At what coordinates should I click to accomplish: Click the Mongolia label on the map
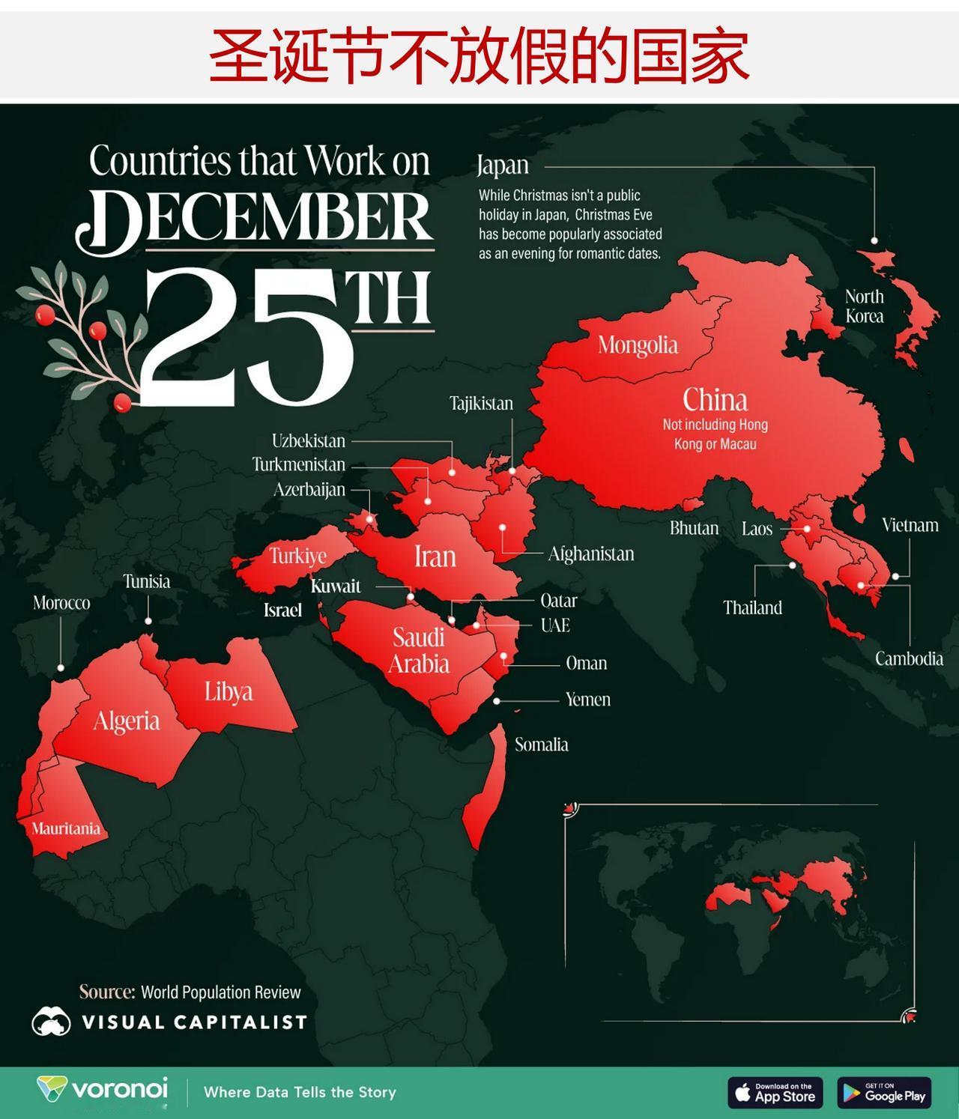[x=638, y=345]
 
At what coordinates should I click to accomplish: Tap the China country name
[x=715, y=400]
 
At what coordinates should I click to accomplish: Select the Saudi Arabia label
[x=419, y=650]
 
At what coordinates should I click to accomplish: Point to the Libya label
[x=229, y=691]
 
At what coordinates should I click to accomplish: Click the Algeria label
[x=127, y=721]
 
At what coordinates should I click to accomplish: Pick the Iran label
[x=435, y=557]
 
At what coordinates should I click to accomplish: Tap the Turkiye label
[x=298, y=556]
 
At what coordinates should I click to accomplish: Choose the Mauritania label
[x=66, y=828]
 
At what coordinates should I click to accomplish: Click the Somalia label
[x=541, y=745]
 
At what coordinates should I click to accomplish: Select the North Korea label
[x=865, y=306]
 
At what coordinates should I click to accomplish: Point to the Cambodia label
[x=909, y=659]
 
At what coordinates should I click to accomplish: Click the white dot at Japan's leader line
[x=874, y=240]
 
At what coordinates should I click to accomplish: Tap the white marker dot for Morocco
[x=61, y=667]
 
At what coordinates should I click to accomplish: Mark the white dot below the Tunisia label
[x=148, y=621]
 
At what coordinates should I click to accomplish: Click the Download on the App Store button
[x=775, y=1093]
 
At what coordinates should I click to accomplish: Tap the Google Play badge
[x=884, y=1093]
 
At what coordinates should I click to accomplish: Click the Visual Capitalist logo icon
[x=51, y=1022]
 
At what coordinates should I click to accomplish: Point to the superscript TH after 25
[x=392, y=299]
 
